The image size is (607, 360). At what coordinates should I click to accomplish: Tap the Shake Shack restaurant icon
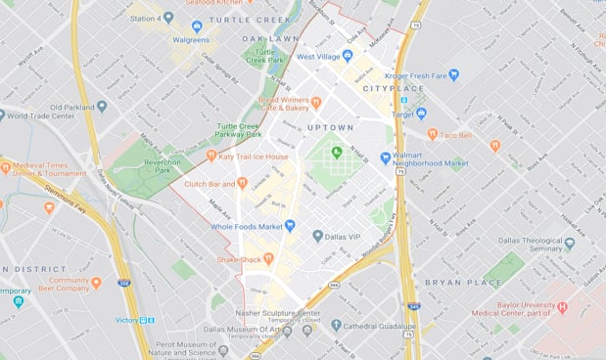click(x=268, y=258)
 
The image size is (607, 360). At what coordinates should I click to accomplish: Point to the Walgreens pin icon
click(x=196, y=26)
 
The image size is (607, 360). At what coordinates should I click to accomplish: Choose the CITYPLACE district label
click(x=393, y=88)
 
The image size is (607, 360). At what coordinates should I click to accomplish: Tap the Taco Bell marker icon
click(x=432, y=134)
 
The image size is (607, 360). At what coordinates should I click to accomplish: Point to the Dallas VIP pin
click(x=318, y=236)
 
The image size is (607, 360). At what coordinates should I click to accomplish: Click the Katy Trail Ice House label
click(x=253, y=157)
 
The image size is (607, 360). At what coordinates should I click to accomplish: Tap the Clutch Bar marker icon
click(x=242, y=183)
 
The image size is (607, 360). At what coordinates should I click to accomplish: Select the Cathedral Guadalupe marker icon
click(x=337, y=325)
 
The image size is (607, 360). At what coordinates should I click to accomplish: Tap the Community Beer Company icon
click(x=96, y=283)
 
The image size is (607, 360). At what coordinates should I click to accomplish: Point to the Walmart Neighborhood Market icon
click(x=385, y=157)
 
